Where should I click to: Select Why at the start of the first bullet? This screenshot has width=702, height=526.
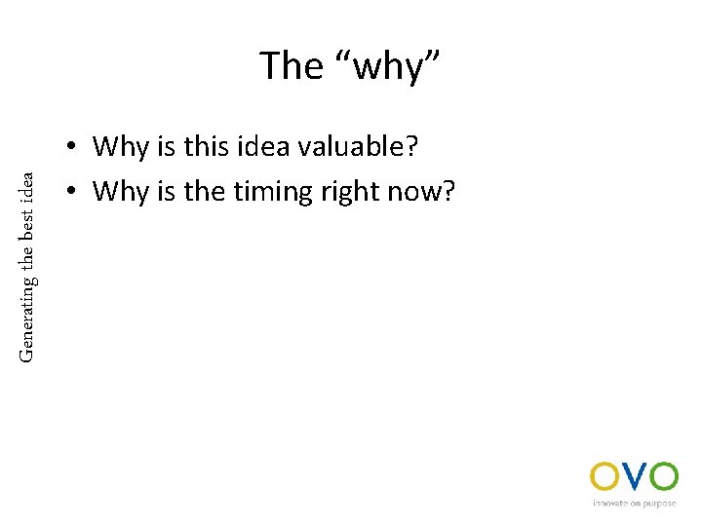[121, 147]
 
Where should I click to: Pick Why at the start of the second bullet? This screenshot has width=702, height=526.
[121, 191]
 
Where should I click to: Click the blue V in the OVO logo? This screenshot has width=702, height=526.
[633, 476]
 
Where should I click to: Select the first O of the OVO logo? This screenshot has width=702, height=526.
[604, 476]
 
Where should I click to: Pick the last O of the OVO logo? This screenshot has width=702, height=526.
[663, 476]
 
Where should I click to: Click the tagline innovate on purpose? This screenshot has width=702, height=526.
[634, 504]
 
